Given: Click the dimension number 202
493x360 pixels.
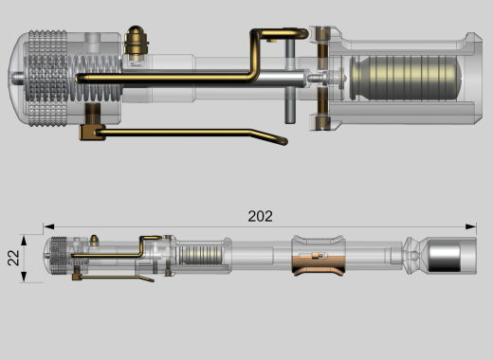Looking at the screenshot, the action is (x=260, y=216).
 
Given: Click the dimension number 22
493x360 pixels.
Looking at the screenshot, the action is (x=13, y=258).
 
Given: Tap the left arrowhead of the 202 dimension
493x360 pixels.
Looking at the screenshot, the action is (x=48, y=226).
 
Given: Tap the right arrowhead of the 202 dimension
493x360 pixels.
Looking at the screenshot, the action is (x=471, y=226).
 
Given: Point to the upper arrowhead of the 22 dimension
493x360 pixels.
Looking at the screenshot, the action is (x=24, y=241).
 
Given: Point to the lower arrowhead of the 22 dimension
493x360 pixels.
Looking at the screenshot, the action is (x=24, y=277).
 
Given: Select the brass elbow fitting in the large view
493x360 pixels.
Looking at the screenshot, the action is (x=91, y=132).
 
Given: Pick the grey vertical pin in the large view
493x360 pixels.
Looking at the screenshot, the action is (x=290, y=81).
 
